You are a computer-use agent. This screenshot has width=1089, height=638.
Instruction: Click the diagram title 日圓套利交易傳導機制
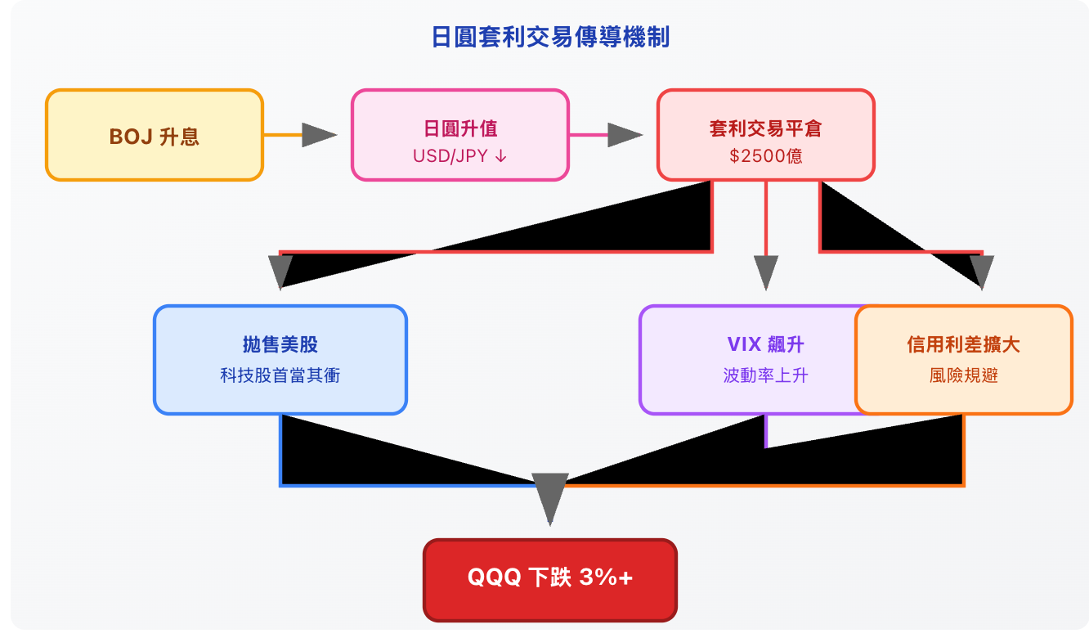(x=550, y=38)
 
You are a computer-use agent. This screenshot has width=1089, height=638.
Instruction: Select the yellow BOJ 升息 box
(x=155, y=135)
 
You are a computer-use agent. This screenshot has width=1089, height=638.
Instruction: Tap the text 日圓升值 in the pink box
(x=459, y=128)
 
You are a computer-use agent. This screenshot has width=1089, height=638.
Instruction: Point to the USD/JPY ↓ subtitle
(x=459, y=155)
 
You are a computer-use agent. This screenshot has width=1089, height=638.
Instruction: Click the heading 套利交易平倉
(x=765, y=128)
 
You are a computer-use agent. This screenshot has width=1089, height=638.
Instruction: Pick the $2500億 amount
(x=765, y=155)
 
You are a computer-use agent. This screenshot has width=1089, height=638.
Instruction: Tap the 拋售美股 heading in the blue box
(x=280, y=344)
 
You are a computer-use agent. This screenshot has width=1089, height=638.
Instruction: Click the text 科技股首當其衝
(x=280, y=375)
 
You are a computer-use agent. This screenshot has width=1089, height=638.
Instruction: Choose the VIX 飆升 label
(x=765, y=344)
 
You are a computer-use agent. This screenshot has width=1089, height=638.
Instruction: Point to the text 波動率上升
(x=765, y=375)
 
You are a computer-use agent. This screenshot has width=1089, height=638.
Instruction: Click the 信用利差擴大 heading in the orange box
(x=963, y=344)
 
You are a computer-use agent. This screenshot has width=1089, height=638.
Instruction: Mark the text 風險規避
(x=963, y=375)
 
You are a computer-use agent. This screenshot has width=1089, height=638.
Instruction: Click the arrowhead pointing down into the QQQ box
(x=549, y=496)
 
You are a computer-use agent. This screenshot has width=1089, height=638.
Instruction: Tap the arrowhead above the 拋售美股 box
(x=280, y=271)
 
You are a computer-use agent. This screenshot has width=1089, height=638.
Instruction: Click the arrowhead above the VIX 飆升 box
(x=765, y=272)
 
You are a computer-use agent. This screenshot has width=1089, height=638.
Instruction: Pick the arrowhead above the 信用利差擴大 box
(x=981, y=271)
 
